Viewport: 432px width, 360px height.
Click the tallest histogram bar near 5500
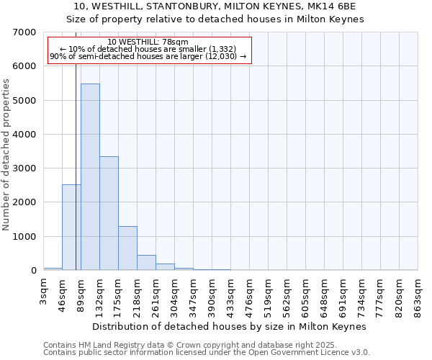pyautogui.click(x=90, y=176)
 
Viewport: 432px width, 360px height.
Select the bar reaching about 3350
pyautogui.click(x=109, y=213)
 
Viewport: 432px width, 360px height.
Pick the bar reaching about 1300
pyautogui.click(x=127, y=248)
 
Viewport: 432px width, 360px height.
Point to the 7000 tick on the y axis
pyautogui.click(x=24, y=32)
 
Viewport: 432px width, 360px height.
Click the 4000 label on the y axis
pyautogui.click(x=24, y=135)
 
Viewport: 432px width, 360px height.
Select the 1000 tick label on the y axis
pyautogui.click(x=24, y=237)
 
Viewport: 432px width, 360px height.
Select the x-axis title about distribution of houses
pyautogui.click(x=230, y=326)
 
